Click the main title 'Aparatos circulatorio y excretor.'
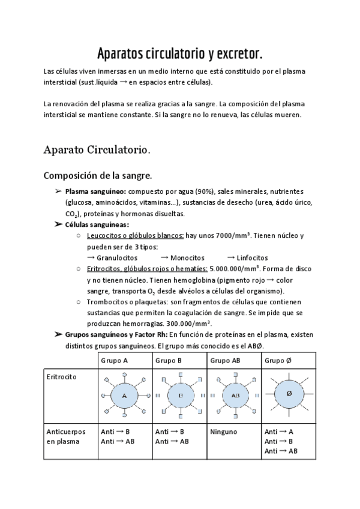click(x=179, y=55)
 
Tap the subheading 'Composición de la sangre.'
click(x=98, y=176)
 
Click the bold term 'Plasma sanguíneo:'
click(x=92, y=191)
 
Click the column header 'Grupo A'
click(x=113, y=361)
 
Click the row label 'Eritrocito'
click(x=61, y=377)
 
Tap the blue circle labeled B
click(x=179, y=396)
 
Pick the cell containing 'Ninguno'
click(x=223, y=432)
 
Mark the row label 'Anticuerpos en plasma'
click(x=65, y=436)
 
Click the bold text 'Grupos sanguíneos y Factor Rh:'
click(x=116, y=334)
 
